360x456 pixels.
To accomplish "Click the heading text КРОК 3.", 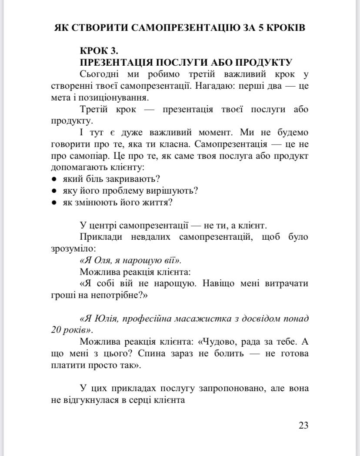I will coord(100,50).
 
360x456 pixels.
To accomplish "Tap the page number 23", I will coord(303,425).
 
